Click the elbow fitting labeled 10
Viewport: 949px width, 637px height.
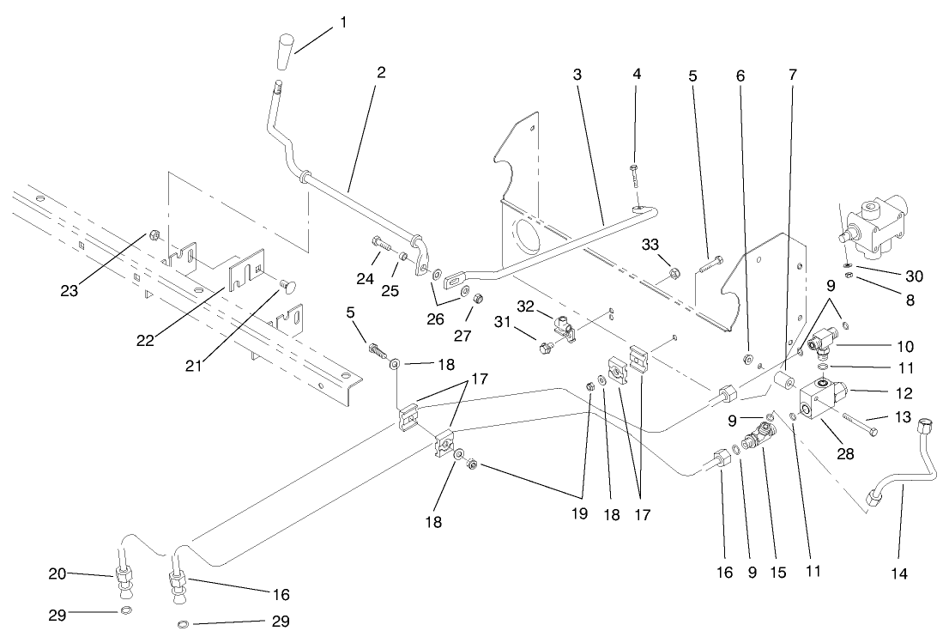[x=824, y=345]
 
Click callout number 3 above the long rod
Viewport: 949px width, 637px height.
[x=578, y=74]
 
